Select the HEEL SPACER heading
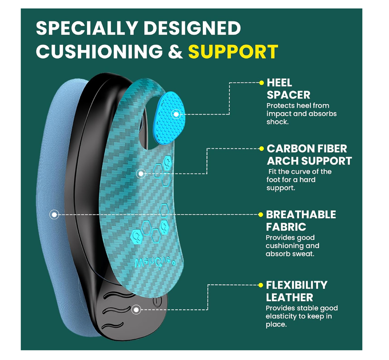pyautogui.click(x=288, y=89)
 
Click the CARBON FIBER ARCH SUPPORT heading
pyautogui.click(x=309, y=155)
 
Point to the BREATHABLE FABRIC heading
pyautogui.click(x=301, y=220)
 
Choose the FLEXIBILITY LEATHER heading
pyautogui.click(x=296, y=291)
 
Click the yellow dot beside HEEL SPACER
pyautogui.click(x=261, y=82)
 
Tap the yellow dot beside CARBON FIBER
pyautogui.click(x=261, y=148)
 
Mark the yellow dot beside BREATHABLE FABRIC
pyautogui.click(x=261, y=214)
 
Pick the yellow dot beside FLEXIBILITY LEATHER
pyautogui.click(x=261, y=285)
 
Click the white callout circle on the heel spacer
pyautogui.click(x=176, y=114)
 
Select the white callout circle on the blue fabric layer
pyautogui.click(x=54, y=215)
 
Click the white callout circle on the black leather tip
pyautogui.click(x=136, y=310)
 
